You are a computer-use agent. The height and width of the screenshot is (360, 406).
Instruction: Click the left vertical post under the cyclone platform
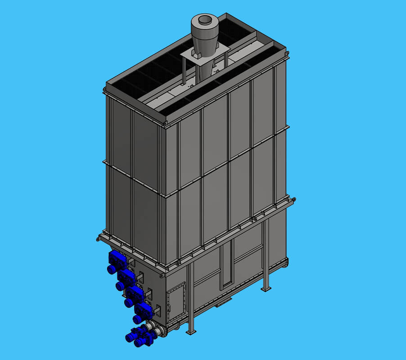[x=184, y=72]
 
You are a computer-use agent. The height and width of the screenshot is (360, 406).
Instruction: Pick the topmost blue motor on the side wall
[x=116, y=261]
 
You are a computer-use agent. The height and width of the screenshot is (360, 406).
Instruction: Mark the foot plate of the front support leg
[x=191, y=332]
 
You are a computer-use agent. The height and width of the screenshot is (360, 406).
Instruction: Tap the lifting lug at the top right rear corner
[x=287, y=54]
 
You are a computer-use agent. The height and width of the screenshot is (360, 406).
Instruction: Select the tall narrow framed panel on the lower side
[x=227, y=265]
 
